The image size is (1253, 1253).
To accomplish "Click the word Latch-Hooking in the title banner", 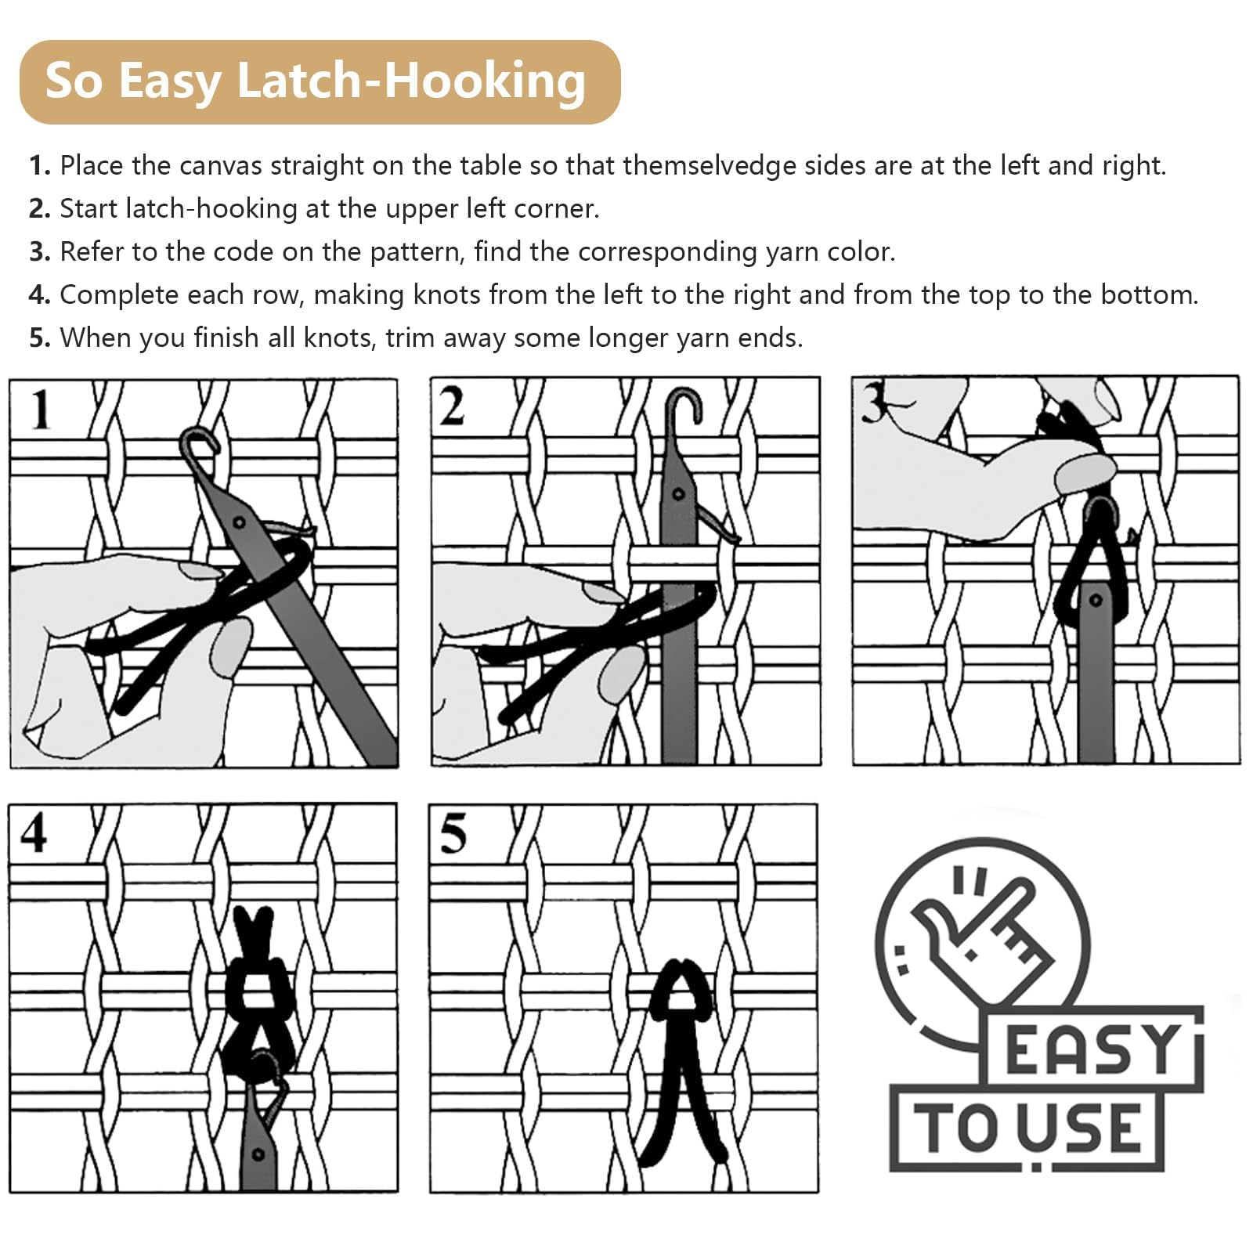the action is click(411, 81).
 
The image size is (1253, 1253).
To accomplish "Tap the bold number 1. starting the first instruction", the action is click(40, 166).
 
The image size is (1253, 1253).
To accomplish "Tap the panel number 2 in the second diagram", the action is click(451, 407).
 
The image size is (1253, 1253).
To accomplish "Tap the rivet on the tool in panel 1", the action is click(240, 522).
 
